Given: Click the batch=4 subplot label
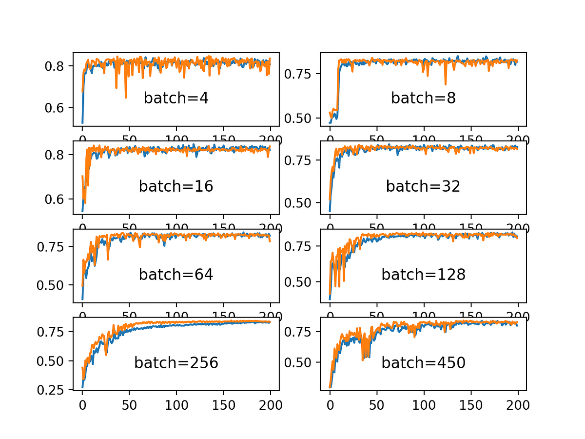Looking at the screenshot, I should (x=176, y=99).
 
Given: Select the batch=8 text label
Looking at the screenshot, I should (x=423, y=99).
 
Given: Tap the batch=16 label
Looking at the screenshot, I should (x=176, y=186).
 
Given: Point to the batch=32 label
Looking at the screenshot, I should (x=423, y=186).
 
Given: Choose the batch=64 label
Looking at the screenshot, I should (x=176, y=275).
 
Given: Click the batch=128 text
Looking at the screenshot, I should (x=423, y=275).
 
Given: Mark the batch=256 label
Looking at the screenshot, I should (x=176, y=363).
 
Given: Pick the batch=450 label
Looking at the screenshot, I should (x=423, y=363).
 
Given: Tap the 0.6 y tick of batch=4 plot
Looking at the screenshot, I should (x=55, y=108).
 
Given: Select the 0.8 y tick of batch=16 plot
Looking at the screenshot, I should (x=55, y=155).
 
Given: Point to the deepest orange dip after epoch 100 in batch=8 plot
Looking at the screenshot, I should (x=445, y=84).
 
